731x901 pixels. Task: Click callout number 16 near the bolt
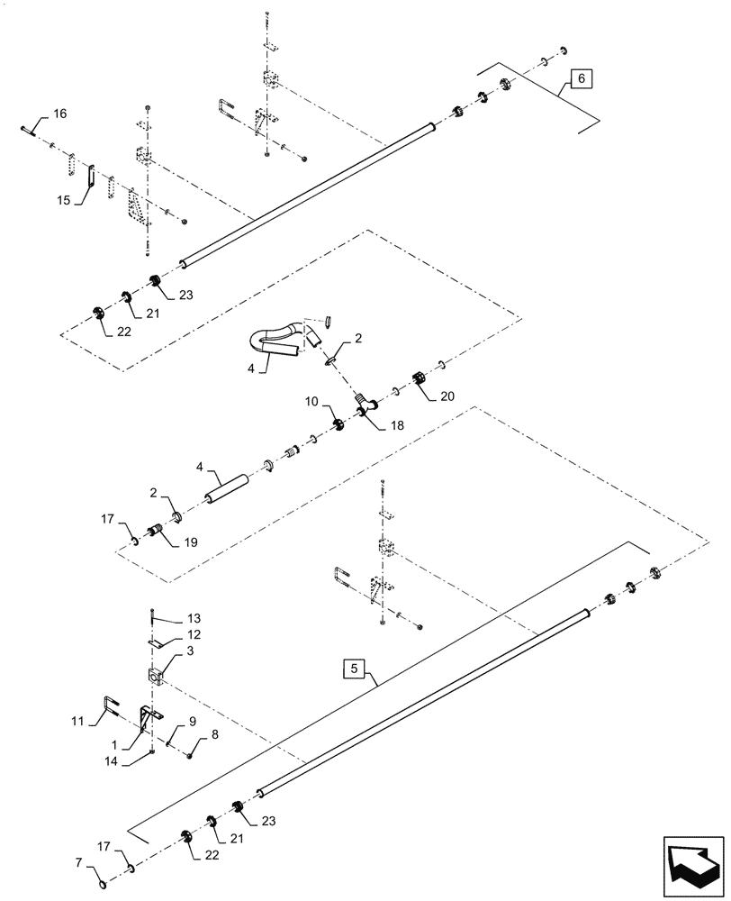tap(59, 114)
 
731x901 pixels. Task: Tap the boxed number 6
tap(581, 80)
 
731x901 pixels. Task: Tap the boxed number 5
tap(355, 669)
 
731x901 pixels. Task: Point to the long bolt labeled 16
tap(29, 132)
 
